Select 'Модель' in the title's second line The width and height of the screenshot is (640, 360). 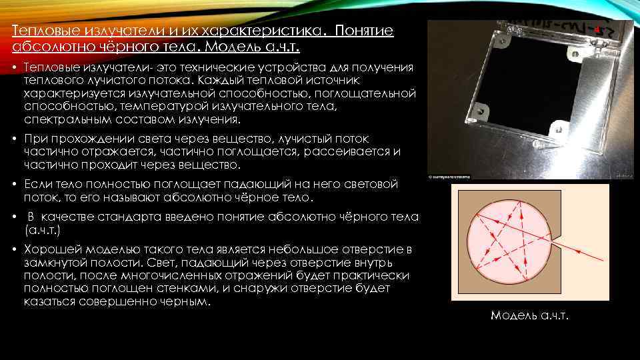pos(239,48)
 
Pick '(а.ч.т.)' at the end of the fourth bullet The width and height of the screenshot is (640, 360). pos(42,229)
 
